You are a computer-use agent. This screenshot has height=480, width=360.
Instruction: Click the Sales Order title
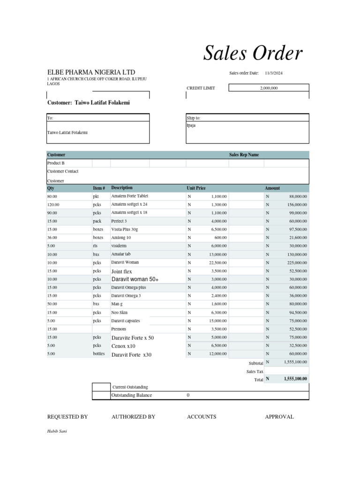click(x=253, y=54)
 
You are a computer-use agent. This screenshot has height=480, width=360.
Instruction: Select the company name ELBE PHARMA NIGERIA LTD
click(x=91, y=72)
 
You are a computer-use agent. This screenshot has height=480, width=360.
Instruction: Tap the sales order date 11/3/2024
click(x=274, y=73)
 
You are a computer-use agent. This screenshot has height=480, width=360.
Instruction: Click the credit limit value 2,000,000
click(x=269, y=88)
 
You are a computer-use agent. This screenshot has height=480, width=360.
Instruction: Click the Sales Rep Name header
click(x=243, y=155)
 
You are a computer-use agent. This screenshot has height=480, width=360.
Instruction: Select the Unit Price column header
click(x=196, y=188)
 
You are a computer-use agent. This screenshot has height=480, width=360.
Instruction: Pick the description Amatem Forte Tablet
click(x=129, y=196)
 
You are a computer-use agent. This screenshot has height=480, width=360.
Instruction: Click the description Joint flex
click(x=122, y=271)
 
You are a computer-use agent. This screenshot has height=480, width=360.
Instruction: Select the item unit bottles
click(x=99, y=354)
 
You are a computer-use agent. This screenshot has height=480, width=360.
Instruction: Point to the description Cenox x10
click(x=123, y=346)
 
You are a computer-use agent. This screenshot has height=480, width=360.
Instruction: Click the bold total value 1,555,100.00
click(x=295, y=379)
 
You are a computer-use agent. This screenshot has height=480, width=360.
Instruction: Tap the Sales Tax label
click(x=255, y=371)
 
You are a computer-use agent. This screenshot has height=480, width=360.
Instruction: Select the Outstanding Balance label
click(x=132, y=395)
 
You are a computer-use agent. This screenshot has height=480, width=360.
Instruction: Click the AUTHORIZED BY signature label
click(x=133, y=417)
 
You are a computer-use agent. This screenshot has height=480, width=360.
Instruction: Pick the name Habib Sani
click(x=57, y=431)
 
